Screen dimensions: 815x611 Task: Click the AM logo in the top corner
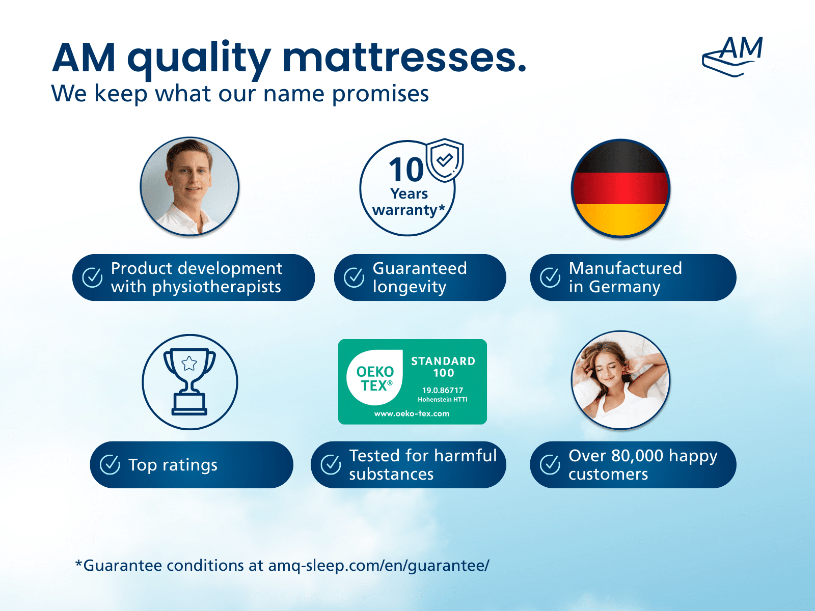tap(732, 57)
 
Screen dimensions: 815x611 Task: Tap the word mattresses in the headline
tap(404, 58)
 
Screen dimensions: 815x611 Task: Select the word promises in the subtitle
tap(380, 94)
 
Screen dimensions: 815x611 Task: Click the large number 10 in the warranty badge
tap(406, 170)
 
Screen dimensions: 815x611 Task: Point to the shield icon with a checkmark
tap(445, 160)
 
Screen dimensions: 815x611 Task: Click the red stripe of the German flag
tap(620, 188)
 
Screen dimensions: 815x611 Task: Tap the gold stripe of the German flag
tap(620, 219)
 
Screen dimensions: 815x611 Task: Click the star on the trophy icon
tap(189, 363)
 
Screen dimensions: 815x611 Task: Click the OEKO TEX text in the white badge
tap(374, 378)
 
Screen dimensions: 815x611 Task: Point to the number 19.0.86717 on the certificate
tap(443, 390)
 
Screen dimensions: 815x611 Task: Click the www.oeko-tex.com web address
tap(412, 413)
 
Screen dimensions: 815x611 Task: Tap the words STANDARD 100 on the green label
tap(443, 367)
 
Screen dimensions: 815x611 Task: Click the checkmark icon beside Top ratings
tap(110, 464)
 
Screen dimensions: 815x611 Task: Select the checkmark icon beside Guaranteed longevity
tap(354, 277)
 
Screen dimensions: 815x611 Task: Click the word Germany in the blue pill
tap(624, 287)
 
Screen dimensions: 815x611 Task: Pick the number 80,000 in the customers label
tap(637, 456)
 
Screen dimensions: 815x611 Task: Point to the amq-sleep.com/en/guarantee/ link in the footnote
tap(379, 566)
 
